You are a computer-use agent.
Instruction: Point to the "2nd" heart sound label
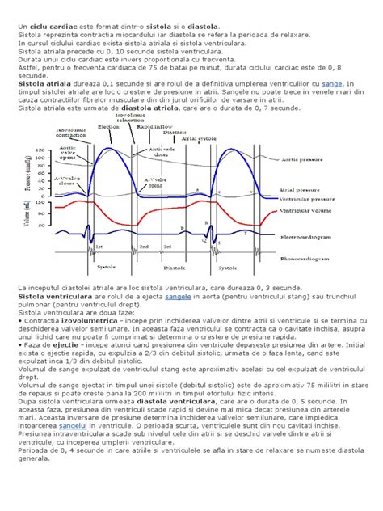click(x=144, y=247)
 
